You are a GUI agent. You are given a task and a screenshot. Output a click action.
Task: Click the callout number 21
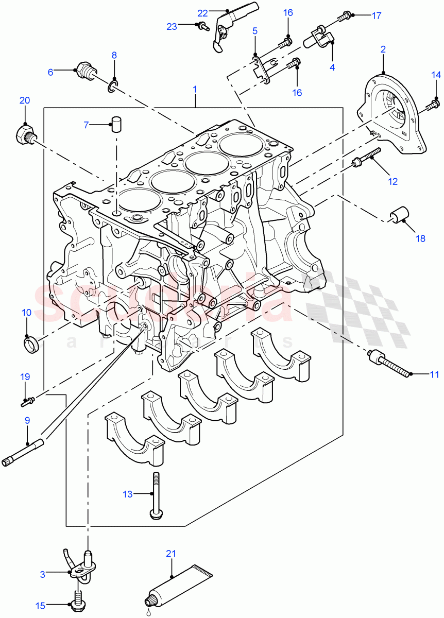[x=171, y=554]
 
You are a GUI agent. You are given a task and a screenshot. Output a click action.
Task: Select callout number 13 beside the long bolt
[x=128, y=494]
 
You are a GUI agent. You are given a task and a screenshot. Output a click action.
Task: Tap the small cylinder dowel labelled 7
[x=117, y=124]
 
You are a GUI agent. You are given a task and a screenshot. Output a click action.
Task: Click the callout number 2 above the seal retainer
[x=383, y=49]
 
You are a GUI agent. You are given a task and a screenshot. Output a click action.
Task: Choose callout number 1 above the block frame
[x=195, y=90]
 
